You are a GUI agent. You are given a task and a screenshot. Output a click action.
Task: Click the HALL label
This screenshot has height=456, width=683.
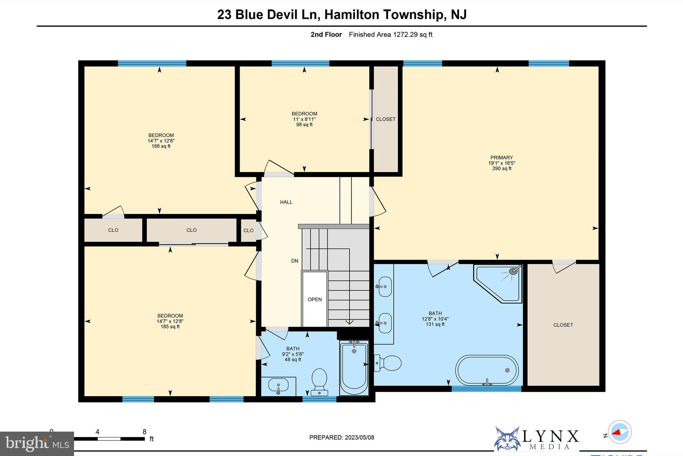pyautogui.click(x=286, y=202)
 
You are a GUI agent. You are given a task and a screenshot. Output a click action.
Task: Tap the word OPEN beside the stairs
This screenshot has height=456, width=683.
pyautogui.click(x=314, y=299)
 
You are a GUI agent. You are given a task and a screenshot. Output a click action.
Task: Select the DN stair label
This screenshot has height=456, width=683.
pyautogui.click(x=295, y=261)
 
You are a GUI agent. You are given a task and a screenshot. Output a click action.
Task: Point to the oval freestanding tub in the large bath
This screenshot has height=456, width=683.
pyautogui.click(x=487, y=370)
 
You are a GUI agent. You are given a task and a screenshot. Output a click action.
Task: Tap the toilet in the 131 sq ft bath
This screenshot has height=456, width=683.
pyautogui.click(x=389, y=363)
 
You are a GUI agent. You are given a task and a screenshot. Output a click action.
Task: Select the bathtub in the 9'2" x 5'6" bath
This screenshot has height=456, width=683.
pyautogui.click(x=354, y=367)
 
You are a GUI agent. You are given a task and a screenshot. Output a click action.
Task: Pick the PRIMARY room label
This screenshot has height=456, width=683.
pyautogui.click(x=502, y=158)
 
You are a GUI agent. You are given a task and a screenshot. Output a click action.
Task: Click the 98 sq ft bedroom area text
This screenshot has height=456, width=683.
pyautogui.click(x=304, y=125)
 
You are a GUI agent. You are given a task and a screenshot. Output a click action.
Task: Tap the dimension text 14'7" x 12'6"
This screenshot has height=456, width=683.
pyautogui.click(x=161, y=141)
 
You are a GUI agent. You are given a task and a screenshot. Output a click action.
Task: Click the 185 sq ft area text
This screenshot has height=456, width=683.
pyautogui.click(x=170, y=327)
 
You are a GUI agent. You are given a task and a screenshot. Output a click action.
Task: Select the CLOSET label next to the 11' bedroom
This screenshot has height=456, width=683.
pyautogui.click(x=386, y=119)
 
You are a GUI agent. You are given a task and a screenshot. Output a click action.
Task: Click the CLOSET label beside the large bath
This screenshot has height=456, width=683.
pyautogui.click(x=563, y=325)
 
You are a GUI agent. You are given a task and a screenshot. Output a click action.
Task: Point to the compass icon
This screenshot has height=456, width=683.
pyautogui.click(x=620, y=432)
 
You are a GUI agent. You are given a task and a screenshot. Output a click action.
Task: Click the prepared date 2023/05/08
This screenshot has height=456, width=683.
pyautogui.click(x=359, y=438)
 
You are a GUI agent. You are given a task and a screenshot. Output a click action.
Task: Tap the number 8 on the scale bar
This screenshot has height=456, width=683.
pyautogui.click(x=144, y=432)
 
